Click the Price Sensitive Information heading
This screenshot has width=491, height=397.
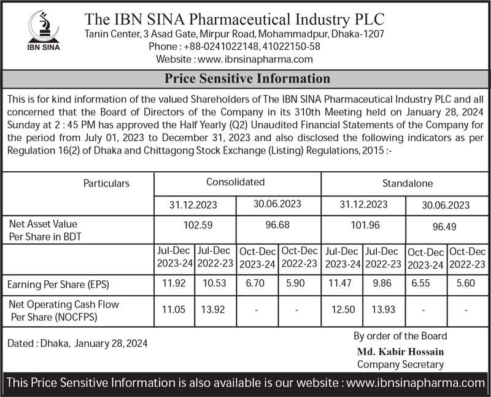(247, 79)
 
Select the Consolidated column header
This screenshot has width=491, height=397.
(236, 182)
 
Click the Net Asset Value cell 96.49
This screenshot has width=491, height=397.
(444, 226)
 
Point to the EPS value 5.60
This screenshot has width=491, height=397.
(466, 285)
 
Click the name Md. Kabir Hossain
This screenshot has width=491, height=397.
(400, 352)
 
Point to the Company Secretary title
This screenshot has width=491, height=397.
(400, 364)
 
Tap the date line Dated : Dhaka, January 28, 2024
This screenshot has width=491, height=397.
(77, 344)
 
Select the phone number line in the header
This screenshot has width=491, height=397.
(234, 47)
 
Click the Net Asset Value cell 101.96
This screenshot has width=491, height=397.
(365, 225)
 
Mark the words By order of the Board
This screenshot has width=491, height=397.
(400, 336)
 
